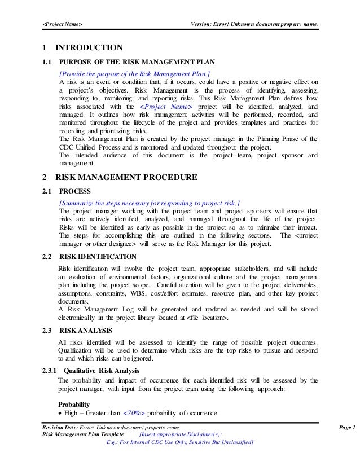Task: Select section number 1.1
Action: pyautogui.click(x=47, y=63)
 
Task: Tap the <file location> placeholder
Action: pyautogui.click(x=225, y=319)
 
